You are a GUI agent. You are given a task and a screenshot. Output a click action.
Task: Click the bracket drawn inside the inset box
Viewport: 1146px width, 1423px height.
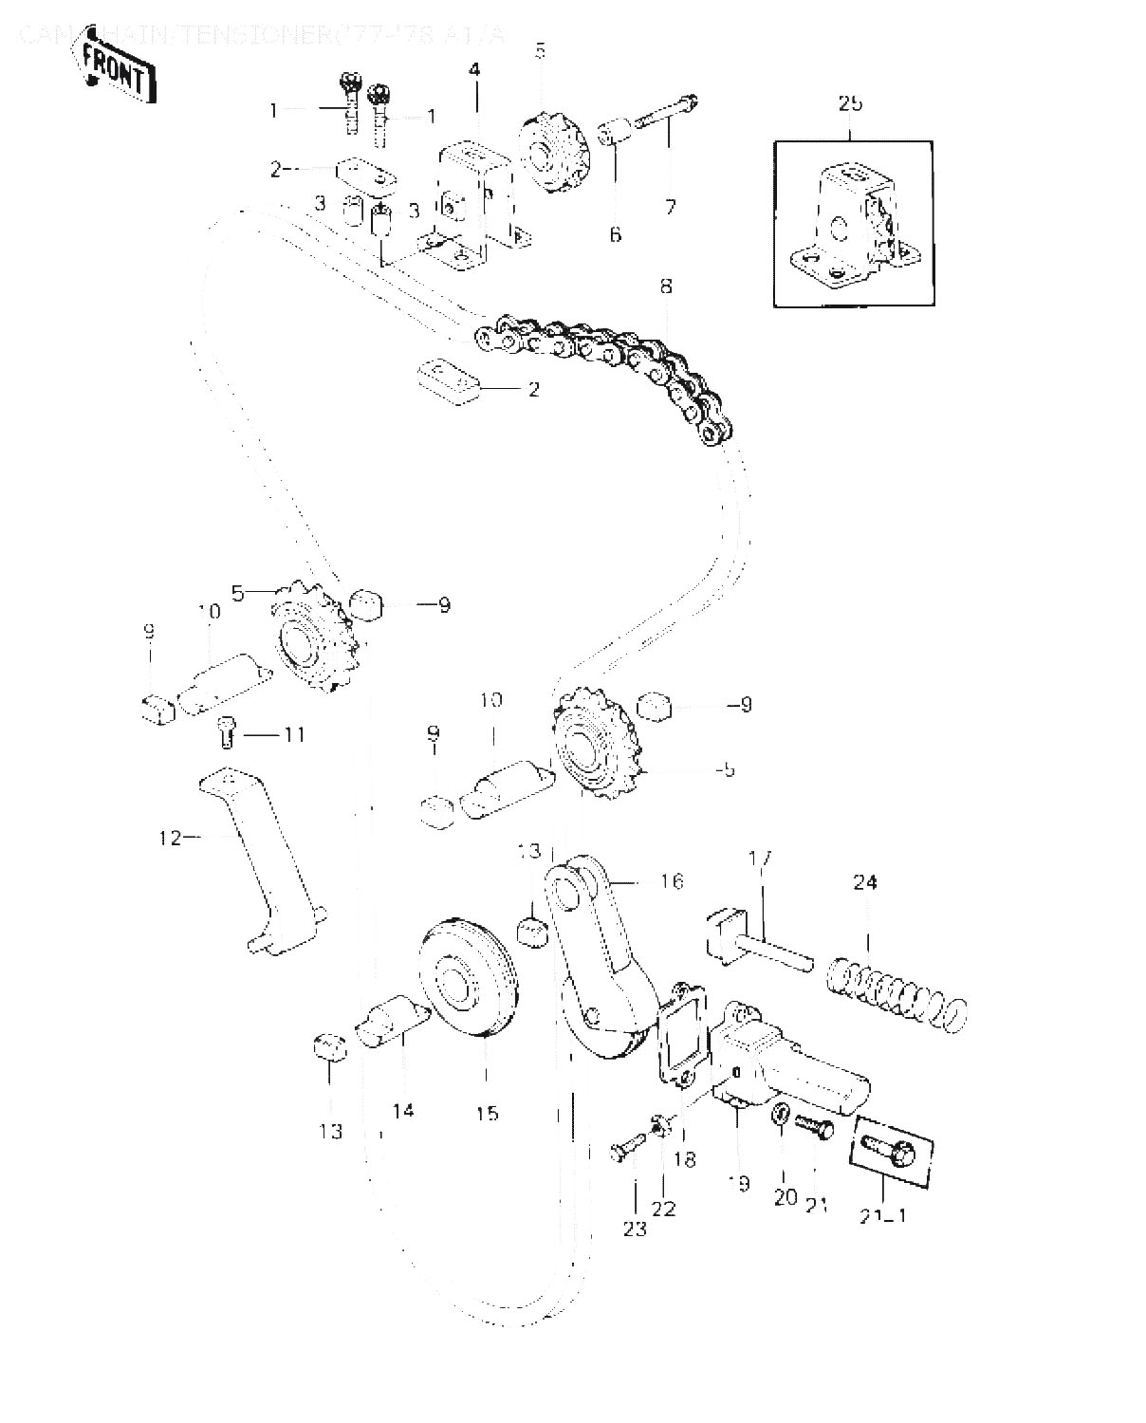click(848, 222)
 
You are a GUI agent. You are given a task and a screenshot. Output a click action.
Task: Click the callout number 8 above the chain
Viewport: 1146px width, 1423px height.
click(666, 286)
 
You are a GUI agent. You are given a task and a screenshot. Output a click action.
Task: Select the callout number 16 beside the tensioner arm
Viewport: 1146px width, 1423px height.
click(671, 881)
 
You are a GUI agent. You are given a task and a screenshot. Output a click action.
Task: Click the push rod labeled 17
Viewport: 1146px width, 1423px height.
click(759, 945)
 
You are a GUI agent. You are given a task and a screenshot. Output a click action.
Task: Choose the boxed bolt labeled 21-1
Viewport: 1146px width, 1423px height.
click(887, 1151)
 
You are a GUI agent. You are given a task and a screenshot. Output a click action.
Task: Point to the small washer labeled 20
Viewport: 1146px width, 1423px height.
click(779, 1114)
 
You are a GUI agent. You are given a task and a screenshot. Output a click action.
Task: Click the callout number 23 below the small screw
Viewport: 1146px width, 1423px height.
click(635, 1229)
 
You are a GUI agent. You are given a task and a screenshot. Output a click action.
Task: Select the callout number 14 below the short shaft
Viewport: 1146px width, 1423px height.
click(403, 1111)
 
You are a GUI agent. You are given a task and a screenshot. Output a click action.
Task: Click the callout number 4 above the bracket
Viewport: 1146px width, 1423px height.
click(474, 69)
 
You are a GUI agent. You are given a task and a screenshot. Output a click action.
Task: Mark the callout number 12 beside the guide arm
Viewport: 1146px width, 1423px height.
click(170, 838)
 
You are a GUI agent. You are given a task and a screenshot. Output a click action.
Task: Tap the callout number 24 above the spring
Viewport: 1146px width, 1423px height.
click(864, 883)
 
